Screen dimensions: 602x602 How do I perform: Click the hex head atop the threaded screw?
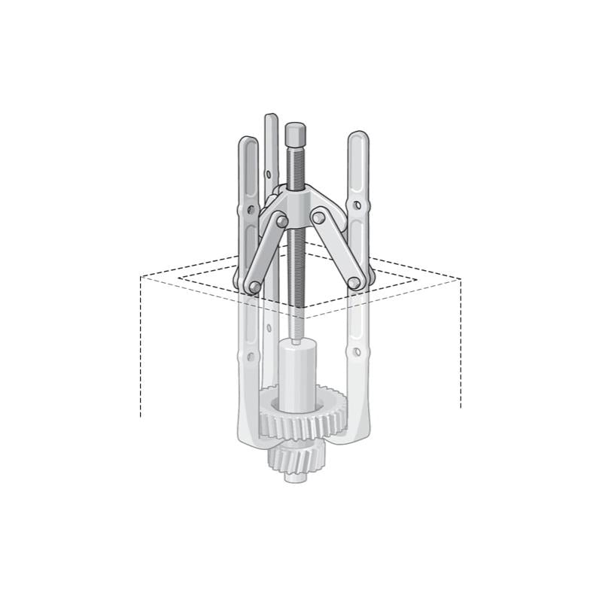pos(294,136)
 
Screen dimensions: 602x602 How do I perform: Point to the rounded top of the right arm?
pos(358,140)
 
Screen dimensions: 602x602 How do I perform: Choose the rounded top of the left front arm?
pos(248,144)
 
